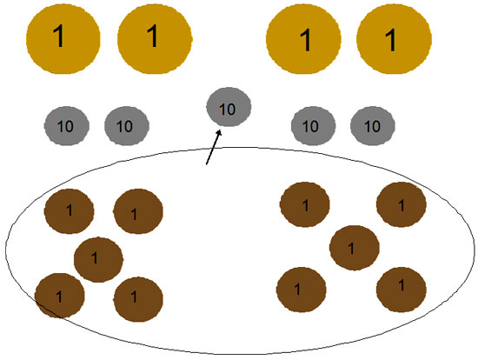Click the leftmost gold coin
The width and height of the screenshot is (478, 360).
tap(63, 38)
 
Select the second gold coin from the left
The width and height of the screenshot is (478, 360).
tap(155, 38)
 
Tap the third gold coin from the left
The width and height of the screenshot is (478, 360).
tap(303, 38)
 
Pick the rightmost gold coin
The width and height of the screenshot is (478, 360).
tap(394, 38)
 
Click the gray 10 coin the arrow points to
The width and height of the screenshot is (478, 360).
tap(229, 107)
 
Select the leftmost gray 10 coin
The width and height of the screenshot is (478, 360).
tap(67, 126)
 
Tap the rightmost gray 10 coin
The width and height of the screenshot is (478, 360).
tap(373, 126)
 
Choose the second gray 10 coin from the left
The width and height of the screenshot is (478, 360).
tap(127, 126)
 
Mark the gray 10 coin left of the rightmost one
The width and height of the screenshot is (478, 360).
tap(313, 126)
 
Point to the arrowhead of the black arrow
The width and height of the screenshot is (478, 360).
tap(219, 132)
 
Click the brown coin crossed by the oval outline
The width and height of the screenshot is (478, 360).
tap(59, 296)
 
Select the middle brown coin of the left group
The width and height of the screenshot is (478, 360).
tap(98, 260)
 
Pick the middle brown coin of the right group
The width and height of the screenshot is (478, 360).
tap(355, 248)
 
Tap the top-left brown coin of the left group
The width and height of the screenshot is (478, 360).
tap(70, 211)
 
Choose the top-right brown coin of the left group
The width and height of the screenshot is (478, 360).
tap(138, 211)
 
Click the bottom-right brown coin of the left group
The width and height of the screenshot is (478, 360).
tap(138, 299)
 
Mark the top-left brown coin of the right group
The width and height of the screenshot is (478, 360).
tap(304, 204)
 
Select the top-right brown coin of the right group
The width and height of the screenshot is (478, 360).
tap(402, 204)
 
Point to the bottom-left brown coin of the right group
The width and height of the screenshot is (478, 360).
tap(302, 290)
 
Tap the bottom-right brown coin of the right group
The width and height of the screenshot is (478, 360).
tap(402, 290)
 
